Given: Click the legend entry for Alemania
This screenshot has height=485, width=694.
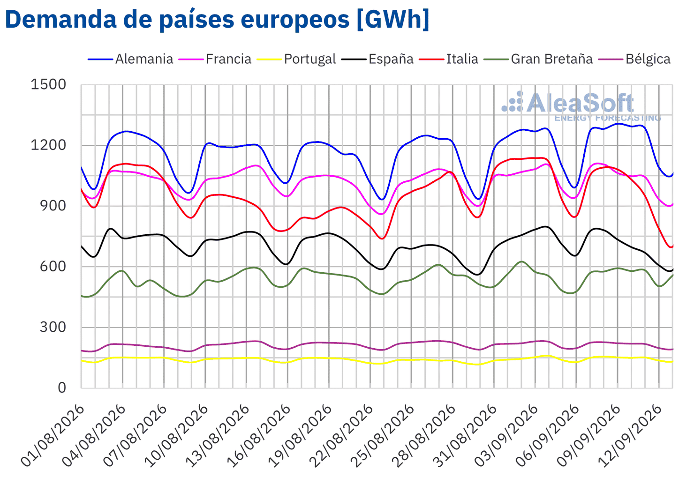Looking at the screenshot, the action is [130, 59].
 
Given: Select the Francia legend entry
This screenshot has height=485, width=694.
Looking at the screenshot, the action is [215, 59].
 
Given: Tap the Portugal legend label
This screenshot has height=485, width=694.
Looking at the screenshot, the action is [296, 59].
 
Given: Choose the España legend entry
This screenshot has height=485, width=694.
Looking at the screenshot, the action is [377, 59].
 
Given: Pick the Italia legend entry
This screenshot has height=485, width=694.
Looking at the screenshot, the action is [448, 59].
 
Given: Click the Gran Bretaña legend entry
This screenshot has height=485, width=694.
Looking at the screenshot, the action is [538, 59].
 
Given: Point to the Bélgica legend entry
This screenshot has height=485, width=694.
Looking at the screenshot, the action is [634, 59].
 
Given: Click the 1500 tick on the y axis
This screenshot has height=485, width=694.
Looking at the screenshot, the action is [48, 84].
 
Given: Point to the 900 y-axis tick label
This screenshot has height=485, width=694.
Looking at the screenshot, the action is [53, 206].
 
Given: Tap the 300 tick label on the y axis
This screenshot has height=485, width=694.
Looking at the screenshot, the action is [53, 327].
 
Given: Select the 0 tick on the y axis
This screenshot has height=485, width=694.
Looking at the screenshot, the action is [62, 388].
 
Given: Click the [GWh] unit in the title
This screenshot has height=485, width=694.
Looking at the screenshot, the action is [393, 19].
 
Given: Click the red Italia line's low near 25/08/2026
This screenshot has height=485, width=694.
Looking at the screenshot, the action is [382, 239].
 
